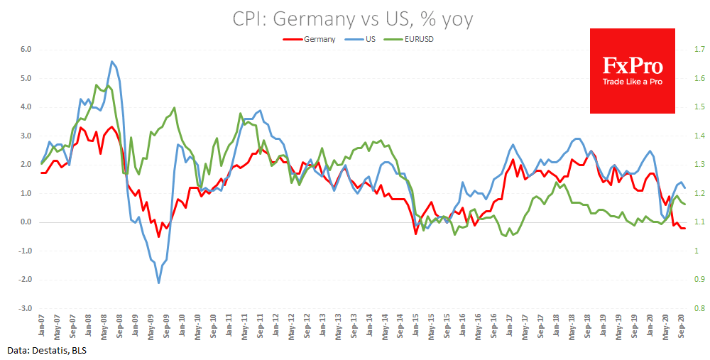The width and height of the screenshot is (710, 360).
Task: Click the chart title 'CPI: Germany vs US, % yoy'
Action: (x=353, y=18)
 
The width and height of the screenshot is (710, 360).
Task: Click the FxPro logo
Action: (x=633, y=67)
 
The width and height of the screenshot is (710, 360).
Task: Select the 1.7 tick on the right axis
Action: (x=699, y=50)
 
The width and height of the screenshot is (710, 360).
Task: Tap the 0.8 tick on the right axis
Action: (x=699, y=309)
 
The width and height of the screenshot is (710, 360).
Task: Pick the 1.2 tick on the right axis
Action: (x=699, y=194)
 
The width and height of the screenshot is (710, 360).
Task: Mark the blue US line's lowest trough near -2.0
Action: (x=158, y=283)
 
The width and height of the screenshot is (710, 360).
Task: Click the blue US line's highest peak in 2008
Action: (x=111, y=61)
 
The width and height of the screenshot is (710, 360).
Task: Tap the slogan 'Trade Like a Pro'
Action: (x=633, y=82)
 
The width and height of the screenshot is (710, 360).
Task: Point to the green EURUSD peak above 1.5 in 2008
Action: (x=97, y=85)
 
